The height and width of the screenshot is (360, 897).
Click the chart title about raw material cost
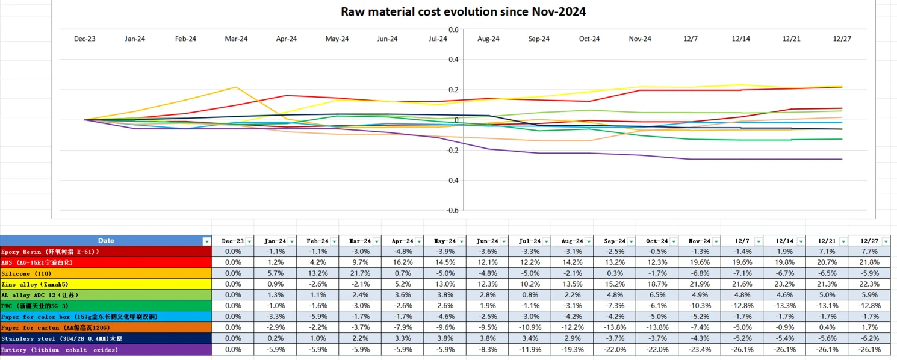463,11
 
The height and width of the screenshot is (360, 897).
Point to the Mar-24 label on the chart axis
236,39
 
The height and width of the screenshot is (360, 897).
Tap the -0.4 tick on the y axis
452,180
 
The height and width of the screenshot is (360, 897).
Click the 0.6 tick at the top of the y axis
453,29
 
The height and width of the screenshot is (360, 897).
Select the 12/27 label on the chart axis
842,39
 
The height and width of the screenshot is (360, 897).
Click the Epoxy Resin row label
50,252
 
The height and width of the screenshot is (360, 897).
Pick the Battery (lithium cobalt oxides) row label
60,350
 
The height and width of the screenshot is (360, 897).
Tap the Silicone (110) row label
25,273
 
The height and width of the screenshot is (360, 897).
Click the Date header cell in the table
106,241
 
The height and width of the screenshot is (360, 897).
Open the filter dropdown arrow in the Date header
207,241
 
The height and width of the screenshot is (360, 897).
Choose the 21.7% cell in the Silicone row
361,273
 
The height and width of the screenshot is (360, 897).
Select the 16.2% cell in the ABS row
403,262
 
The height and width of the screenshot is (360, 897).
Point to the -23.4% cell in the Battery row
699,350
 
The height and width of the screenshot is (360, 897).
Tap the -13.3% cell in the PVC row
784,306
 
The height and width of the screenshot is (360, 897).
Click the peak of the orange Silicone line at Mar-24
236,87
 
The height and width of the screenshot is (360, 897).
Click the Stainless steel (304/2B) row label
61,338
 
